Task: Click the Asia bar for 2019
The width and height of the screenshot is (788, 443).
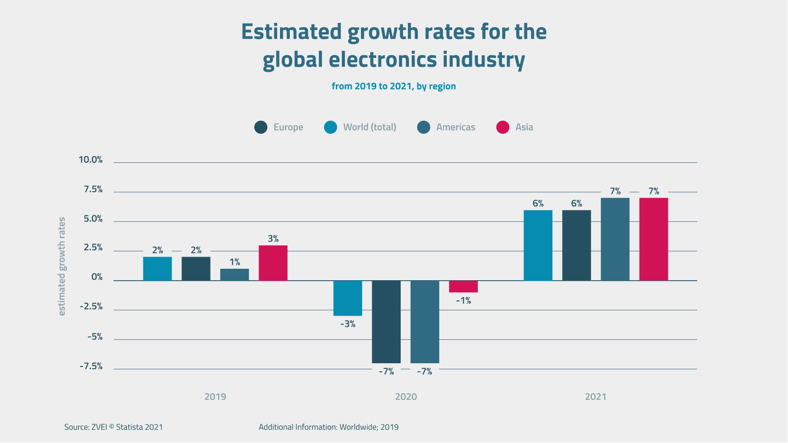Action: [x=273, y=263]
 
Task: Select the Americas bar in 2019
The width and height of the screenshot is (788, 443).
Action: [x=235, y=275]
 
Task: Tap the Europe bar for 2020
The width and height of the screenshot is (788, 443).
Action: [x=387, y=322]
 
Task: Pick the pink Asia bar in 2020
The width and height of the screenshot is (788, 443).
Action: [x=463, y=286]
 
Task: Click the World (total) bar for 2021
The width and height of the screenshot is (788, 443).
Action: [x=538, y=245]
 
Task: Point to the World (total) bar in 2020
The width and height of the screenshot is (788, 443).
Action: [x=348, y=298]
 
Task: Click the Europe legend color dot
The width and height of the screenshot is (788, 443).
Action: [x=261, y=127]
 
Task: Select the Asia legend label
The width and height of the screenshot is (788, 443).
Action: [x=524, y=127]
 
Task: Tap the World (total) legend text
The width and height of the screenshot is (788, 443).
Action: [x=370, y=127]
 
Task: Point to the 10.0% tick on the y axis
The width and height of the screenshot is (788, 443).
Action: [x=91, y=160]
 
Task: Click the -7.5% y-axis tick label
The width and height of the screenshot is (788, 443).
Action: [x=91, y=367]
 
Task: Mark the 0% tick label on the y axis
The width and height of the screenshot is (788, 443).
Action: [x=97, y=278]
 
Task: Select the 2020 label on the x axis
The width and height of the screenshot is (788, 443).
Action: [x=406, y=397]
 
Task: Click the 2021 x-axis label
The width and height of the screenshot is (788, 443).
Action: [x=596, y=397]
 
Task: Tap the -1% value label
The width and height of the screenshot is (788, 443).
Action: [x=463, y=300]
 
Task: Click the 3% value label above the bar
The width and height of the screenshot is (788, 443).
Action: [x=273, y=239]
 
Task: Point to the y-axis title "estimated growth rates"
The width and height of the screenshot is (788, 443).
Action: [x=62, y=266]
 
